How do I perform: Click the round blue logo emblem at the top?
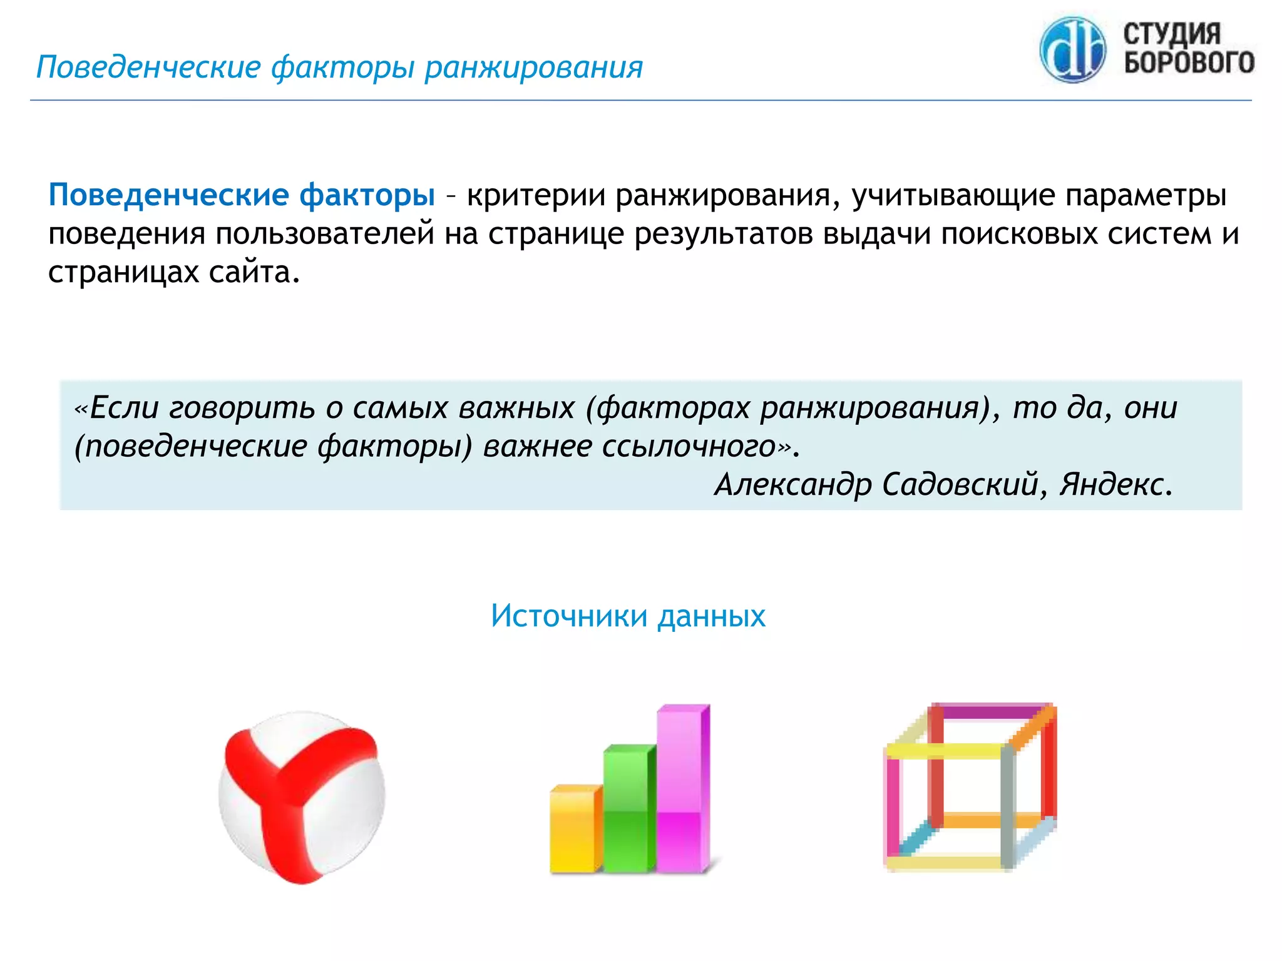[1072, 50]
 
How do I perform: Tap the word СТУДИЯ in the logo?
[1172, 34]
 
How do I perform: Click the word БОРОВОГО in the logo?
[1189, 63]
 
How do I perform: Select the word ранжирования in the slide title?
[533, 68]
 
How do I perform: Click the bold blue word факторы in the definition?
[367, 195]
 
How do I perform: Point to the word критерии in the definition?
[536, 195]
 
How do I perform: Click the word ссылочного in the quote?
[689, 447]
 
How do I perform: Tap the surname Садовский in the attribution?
[960, 484]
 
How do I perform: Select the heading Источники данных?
[628, 616]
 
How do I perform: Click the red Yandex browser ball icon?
[302, 797]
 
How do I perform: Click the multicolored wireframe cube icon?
[970, 787]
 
